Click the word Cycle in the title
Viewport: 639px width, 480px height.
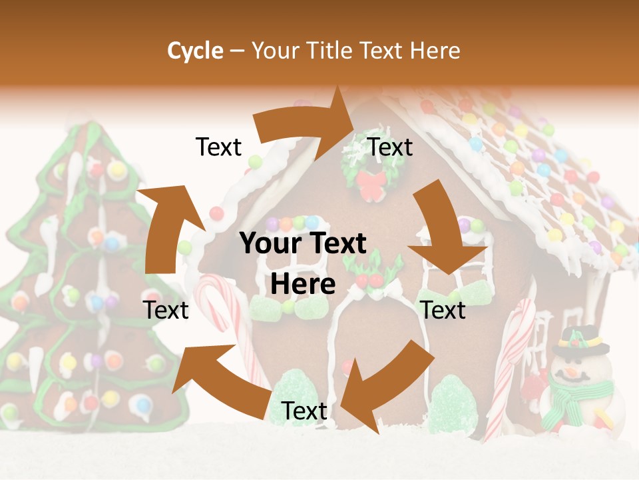[195, 51]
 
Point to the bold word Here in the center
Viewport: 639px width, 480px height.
[303, 284]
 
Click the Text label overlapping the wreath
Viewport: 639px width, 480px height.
[391, 147]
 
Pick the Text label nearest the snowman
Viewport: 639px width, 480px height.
[443, 310]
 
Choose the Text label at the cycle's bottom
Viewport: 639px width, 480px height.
[304, 411]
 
